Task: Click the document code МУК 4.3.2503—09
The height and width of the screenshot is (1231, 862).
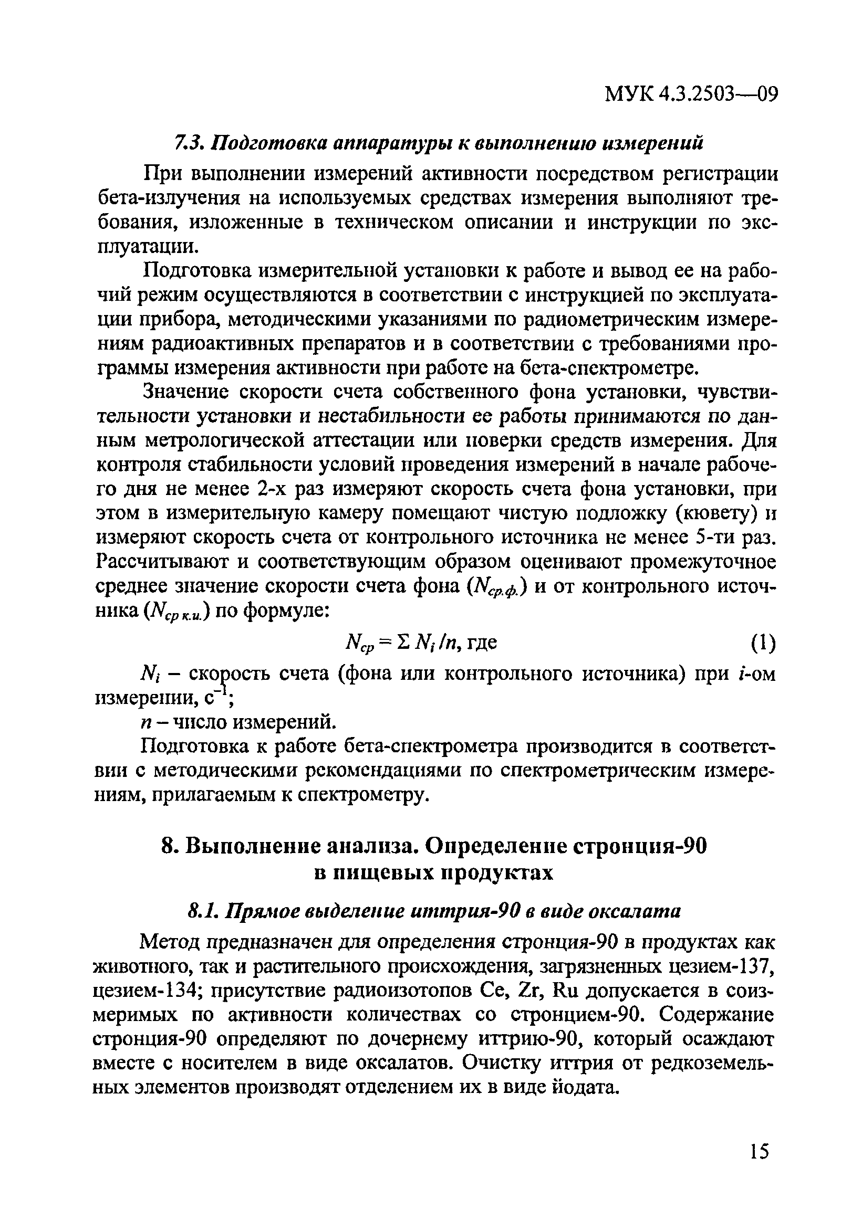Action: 691,95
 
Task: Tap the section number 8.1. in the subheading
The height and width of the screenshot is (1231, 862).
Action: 202,910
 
